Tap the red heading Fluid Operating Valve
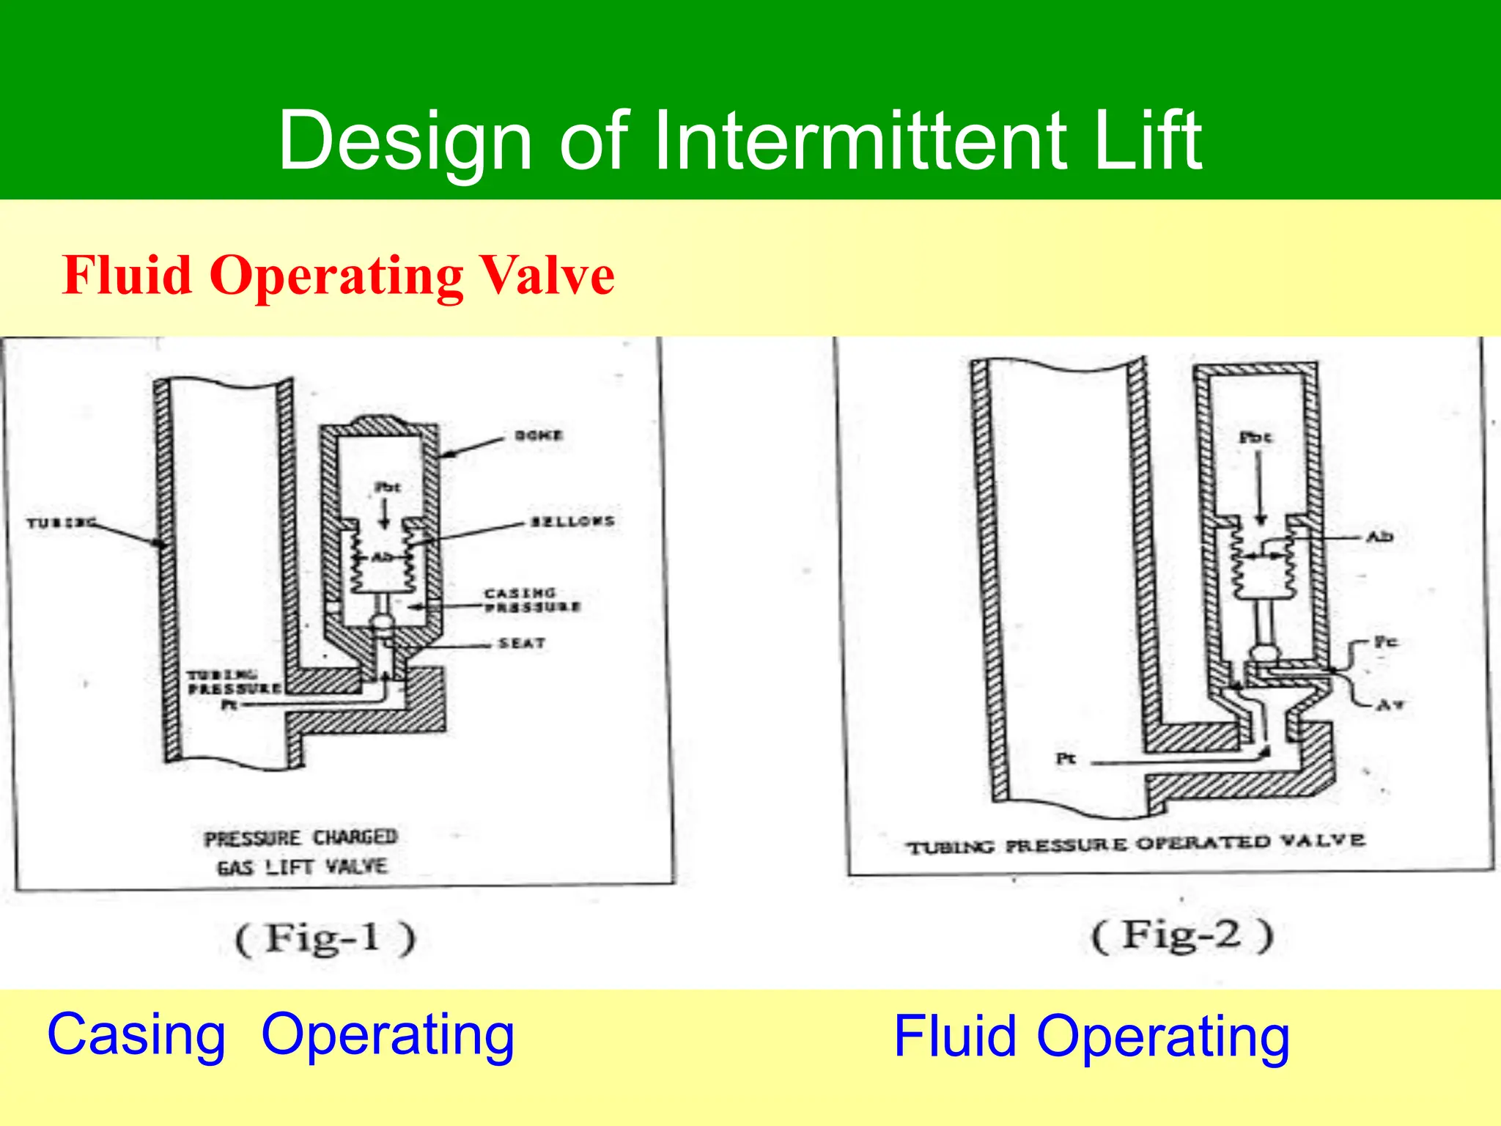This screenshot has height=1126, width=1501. tap(338, 276)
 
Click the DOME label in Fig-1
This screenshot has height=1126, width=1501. tap(539, 435)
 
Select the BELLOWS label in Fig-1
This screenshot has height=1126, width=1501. tap(572, 521)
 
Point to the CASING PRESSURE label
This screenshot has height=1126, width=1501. tap(532, 600)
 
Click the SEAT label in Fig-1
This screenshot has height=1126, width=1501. tap(522, 644)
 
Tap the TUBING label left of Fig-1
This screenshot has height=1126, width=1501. tap(61, 523)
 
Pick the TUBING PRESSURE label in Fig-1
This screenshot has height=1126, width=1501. tap(233, 682)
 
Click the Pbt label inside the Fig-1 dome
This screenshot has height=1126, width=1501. tap(387, 487)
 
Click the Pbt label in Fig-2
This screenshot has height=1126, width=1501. tap(1255, 438)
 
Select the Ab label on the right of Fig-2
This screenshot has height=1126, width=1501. tap(1379, 537)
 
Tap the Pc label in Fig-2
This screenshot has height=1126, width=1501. tap(1385, 642)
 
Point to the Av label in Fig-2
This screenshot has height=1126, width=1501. tap(1390, 705)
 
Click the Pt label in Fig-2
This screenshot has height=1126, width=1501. tap(1066, 759)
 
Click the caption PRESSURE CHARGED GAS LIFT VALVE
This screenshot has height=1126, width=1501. tap(301, 852)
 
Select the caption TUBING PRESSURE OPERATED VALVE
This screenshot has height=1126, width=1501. tap(1135, 844)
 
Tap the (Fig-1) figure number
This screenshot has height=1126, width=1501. tap(325, 938)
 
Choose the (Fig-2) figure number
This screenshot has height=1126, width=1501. tap(1182, 936)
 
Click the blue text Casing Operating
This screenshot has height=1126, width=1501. tap(281, 1034)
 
